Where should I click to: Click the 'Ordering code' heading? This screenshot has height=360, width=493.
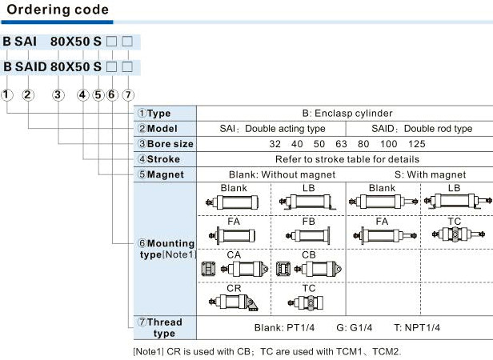(x=58, y=11)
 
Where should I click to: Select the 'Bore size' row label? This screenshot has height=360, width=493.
(x=165, y=144)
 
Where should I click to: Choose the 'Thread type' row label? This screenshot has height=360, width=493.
(x=164, y=327)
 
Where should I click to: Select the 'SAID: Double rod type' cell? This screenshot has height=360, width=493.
(x=422, y=129)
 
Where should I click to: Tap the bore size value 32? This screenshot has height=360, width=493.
(x=275, y=144)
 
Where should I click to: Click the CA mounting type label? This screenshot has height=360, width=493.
(x=234, y=254)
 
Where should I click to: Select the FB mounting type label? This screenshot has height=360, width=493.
(x=309, y=220)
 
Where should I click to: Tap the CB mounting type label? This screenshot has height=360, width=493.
(x=309, y=254)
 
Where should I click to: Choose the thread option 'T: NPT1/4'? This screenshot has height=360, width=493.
(x=416, y=328)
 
